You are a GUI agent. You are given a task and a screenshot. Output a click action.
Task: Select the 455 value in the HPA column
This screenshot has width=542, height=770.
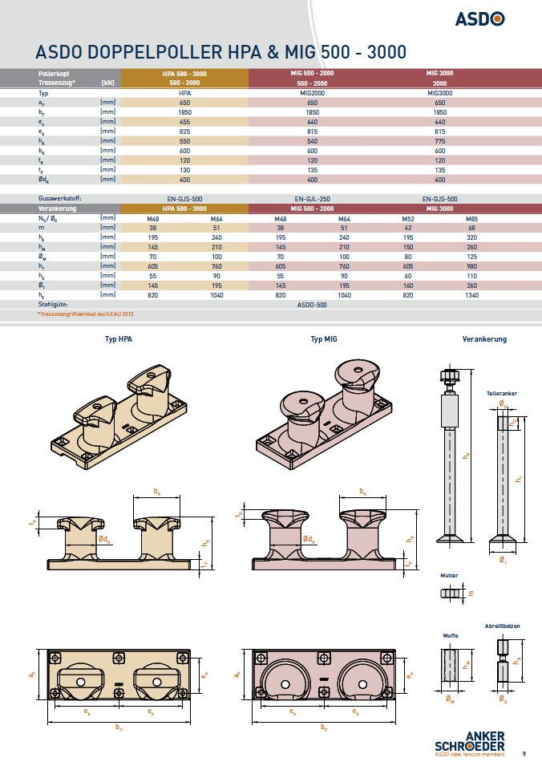[184, 122]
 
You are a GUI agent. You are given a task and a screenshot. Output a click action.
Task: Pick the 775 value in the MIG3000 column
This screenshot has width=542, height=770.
[439, 141]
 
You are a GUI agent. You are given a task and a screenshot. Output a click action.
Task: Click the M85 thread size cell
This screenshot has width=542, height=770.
[471, 218]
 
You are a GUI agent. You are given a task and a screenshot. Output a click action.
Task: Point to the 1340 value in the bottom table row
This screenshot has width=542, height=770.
[471, 295]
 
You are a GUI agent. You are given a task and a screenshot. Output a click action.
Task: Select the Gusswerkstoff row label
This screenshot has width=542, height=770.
[60, 198]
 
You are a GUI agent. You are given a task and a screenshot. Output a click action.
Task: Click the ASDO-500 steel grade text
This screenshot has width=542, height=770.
[312, 305]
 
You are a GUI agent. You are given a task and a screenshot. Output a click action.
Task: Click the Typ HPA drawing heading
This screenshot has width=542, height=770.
[119, 339]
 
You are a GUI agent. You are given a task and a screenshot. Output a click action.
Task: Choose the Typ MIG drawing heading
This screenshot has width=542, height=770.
[324, 339]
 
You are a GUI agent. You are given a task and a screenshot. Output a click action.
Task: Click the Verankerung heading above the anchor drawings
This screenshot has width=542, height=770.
[484, 339]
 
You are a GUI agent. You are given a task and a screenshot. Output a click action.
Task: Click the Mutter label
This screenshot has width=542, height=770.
[449, 575]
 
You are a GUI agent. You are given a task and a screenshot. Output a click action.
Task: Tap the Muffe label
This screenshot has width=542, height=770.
[451, 635]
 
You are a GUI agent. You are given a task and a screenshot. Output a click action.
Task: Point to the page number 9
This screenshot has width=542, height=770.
[524, 753]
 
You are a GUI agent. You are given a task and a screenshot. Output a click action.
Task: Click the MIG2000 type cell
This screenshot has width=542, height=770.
[312, 93]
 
